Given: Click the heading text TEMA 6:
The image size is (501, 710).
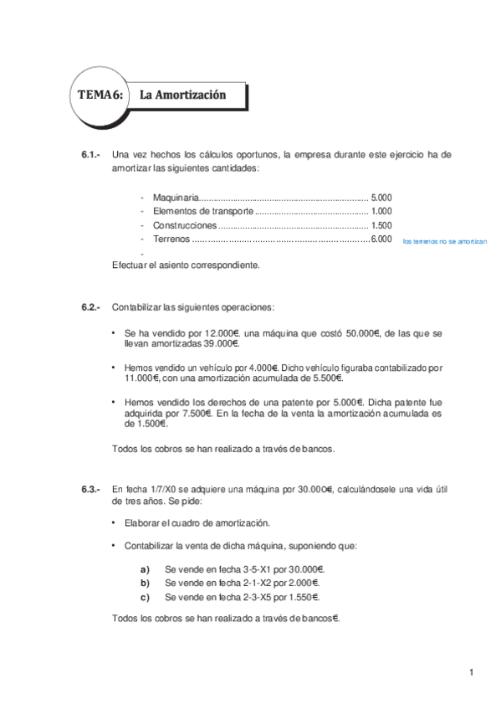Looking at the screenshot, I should click(100, 95).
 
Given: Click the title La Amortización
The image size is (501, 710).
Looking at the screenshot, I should click(182, 95).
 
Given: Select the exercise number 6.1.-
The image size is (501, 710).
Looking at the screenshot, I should click(91, 155).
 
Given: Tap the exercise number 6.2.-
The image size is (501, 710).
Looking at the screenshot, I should click(91, 307).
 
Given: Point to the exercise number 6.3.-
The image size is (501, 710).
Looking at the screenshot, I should click(91, 490).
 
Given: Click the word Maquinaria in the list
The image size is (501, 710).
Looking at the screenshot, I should click(176, 198).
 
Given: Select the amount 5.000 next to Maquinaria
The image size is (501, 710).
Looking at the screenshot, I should click(381, 198).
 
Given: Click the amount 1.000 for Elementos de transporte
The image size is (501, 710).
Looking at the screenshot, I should click(381, 212).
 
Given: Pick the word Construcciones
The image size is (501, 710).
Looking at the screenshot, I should click(184, 226).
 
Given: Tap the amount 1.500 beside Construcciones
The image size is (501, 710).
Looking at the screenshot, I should click(381, 226).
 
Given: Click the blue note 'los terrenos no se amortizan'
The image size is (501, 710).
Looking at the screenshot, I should click(443, 241).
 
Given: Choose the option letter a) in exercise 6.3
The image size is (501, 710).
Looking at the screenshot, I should click(145, 569).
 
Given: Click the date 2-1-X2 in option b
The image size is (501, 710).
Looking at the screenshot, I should click(256, 583).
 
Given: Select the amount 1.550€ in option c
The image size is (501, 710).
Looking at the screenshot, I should click(301, 597).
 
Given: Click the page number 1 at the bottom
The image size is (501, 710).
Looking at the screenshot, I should click(472, 672).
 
